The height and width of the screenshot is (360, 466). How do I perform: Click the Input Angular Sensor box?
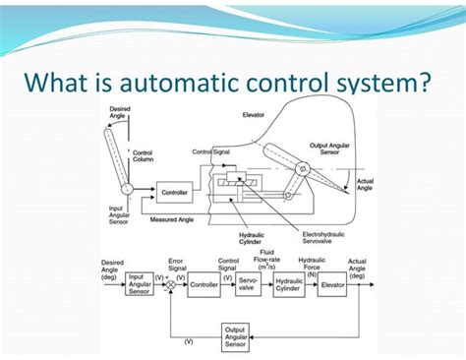click(x=140, y=284)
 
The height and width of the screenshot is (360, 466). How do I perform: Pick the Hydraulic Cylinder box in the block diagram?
click(x=288, y=284)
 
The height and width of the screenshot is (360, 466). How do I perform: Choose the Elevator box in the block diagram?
click(x=331, y=284)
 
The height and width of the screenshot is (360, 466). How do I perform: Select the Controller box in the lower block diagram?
click(x=204, y=284)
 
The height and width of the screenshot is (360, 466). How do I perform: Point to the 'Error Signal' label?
click(x=177, y=264)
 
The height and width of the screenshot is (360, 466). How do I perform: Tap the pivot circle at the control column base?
click(x=127, y=188)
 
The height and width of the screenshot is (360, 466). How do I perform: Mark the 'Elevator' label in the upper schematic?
click(x=253, y=115)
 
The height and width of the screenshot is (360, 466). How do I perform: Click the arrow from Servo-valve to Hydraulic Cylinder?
click(x=266, y=284)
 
